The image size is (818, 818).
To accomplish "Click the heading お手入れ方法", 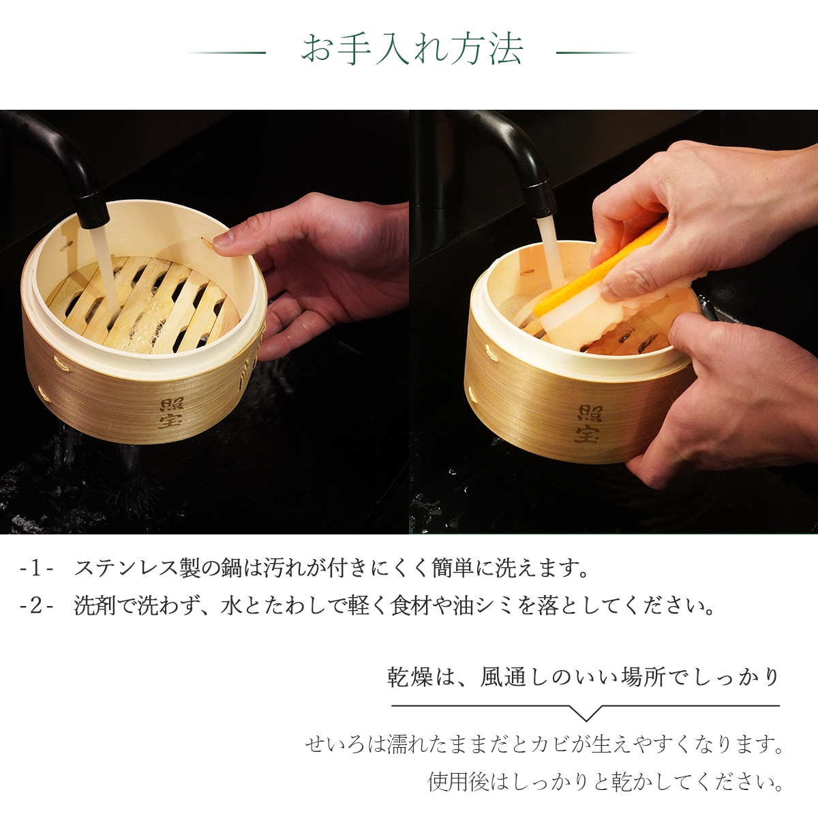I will (x=412, y=50).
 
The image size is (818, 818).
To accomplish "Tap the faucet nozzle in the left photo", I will (x=92, y=211).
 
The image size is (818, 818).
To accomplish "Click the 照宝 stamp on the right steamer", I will (x=588, y=423).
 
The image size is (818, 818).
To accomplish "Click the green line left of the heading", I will (x=226, y=52).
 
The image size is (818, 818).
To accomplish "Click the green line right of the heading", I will (x=596, y=52).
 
